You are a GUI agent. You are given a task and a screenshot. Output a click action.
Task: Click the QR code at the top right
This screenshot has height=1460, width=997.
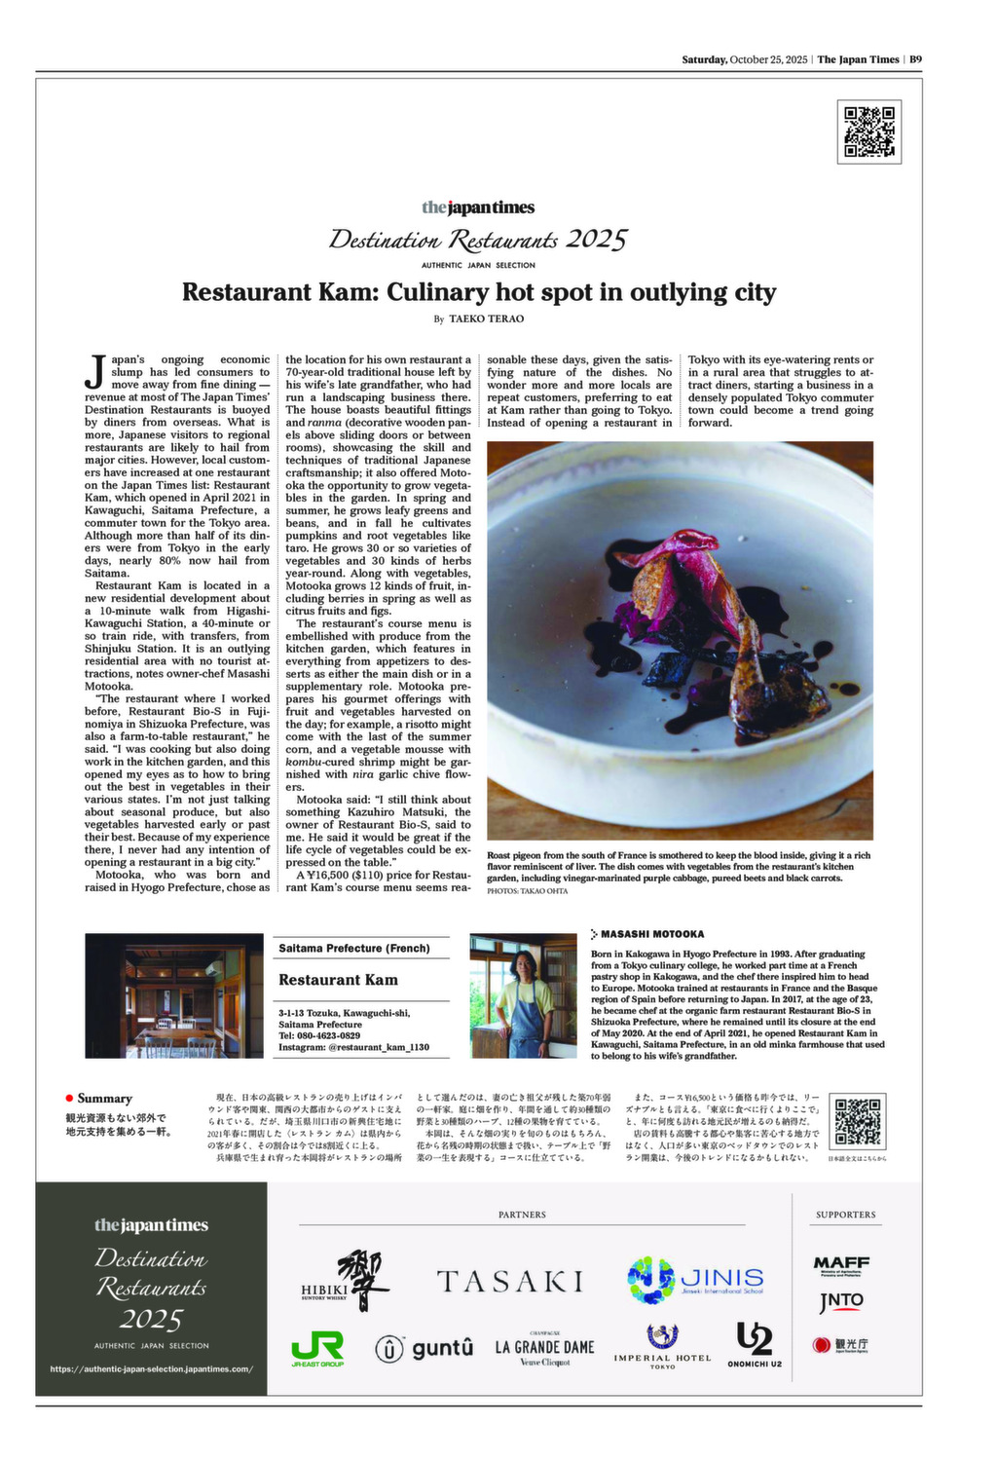868,131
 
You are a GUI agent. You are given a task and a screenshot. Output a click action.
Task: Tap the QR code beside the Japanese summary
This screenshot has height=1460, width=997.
858,1121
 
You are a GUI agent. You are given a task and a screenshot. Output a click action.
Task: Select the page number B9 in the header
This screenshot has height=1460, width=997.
915,59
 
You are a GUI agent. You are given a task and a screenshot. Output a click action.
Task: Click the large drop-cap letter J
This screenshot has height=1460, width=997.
95,370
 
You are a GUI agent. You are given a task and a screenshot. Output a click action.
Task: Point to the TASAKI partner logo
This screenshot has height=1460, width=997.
509,1281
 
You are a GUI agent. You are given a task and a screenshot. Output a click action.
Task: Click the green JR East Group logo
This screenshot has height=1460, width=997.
317,1349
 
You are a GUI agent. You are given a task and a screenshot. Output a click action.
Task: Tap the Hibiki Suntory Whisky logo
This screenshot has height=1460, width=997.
346,1282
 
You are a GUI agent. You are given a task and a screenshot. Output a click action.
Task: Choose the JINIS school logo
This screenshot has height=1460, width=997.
695,1279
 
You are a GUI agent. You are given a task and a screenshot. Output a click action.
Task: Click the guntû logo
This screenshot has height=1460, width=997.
425,1348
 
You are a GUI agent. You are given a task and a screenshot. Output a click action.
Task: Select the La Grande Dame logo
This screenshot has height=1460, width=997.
544,1349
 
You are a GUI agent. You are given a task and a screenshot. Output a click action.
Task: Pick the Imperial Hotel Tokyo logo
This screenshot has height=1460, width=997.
662,1347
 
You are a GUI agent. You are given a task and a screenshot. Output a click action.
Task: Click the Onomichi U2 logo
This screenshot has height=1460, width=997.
755,1344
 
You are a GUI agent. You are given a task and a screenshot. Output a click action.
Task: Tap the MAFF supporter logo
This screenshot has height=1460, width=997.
841,1264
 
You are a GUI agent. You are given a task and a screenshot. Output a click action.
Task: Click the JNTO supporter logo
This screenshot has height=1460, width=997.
841,1300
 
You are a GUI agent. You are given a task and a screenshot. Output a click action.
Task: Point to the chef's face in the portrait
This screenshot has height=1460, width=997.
524,965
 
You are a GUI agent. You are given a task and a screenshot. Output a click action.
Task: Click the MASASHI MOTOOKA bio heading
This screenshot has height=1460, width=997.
651,934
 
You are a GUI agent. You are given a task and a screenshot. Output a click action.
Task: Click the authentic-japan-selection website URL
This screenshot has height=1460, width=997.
151,1368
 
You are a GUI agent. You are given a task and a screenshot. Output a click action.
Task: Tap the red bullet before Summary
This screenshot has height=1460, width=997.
69,1098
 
